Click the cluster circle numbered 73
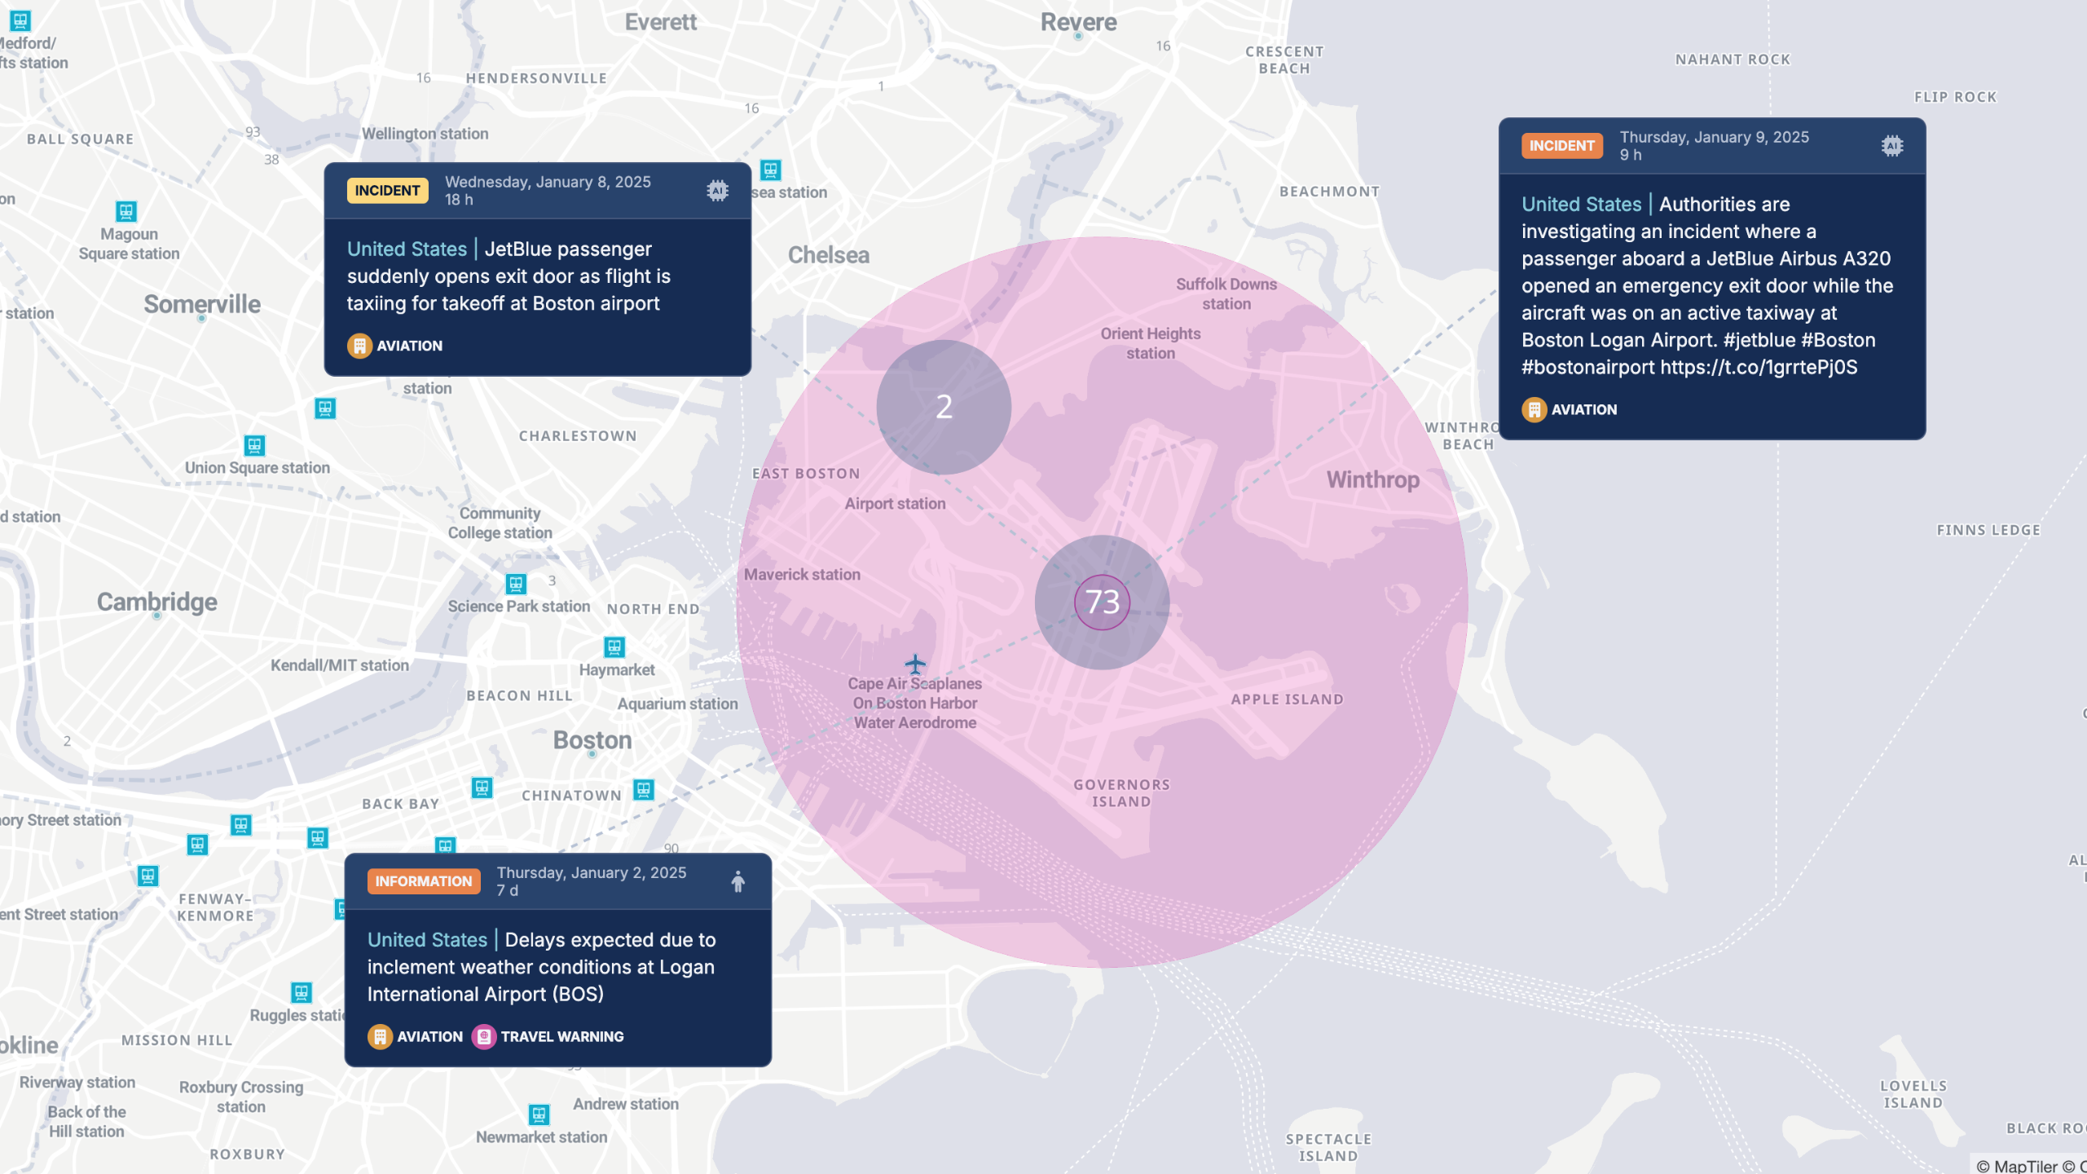coord(1102,602)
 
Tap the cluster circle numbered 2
coord(944,407)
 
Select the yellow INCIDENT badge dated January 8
coord(387,191)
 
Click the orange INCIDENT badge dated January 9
coord(1561,146)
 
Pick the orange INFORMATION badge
coord(423,881)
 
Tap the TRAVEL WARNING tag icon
coord(484,1037)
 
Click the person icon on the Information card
coord(737,881)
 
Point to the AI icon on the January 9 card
coord(1892,146)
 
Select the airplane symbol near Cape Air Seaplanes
coord(915,664)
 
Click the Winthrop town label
coord(1372,480)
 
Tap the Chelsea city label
coord(828,255)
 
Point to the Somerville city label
coord(202,304)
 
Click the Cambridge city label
coord(157,602)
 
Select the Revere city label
coord(1078,22)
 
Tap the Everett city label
coord(660,22)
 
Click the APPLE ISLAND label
coord(1287,700)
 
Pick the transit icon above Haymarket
coord(614,647)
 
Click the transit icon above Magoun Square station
coord(126,212)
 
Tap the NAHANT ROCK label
coord(1733,60)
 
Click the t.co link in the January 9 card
coord(1759,368)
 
